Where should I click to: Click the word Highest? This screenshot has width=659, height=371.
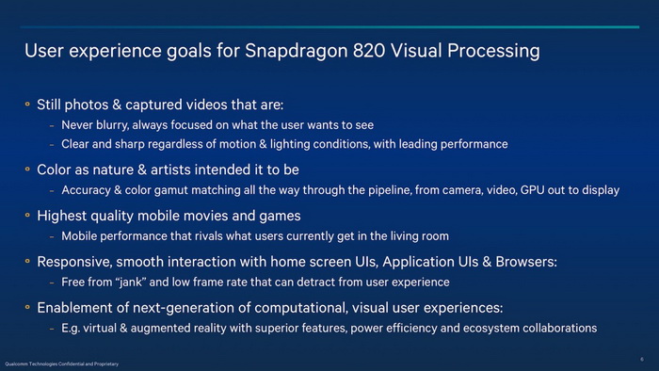66,215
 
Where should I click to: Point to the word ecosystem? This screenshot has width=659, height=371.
490,328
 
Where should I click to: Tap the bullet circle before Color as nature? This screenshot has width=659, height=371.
28,169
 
